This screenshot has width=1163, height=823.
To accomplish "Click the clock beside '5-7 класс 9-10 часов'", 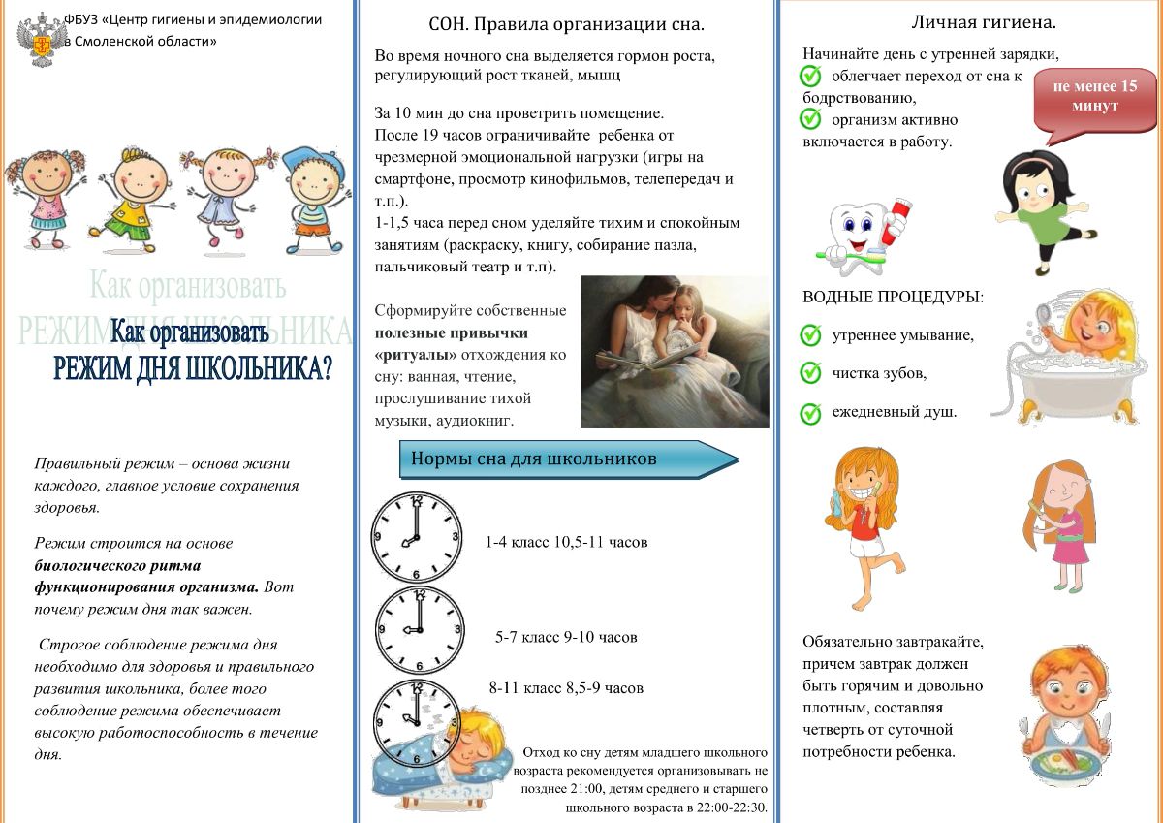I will pyautogui.click(x=419, y=631).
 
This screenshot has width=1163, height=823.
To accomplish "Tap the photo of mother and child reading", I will pyautogui.click(x=675, y=352).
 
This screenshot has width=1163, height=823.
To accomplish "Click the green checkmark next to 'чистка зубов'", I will pyautogui.click(x=811, y=373).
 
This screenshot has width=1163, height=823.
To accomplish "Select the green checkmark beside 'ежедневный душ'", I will pyautogui.click(x=811, y=413).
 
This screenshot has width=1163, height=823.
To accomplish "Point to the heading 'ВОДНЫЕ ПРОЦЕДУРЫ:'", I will pyautogui.click(x=893, y=297).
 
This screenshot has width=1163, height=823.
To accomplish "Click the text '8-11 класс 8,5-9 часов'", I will pyautogui.click(x=566, y=688).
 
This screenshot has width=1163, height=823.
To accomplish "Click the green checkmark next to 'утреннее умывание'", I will pyautogui.click(x=811, y=335).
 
